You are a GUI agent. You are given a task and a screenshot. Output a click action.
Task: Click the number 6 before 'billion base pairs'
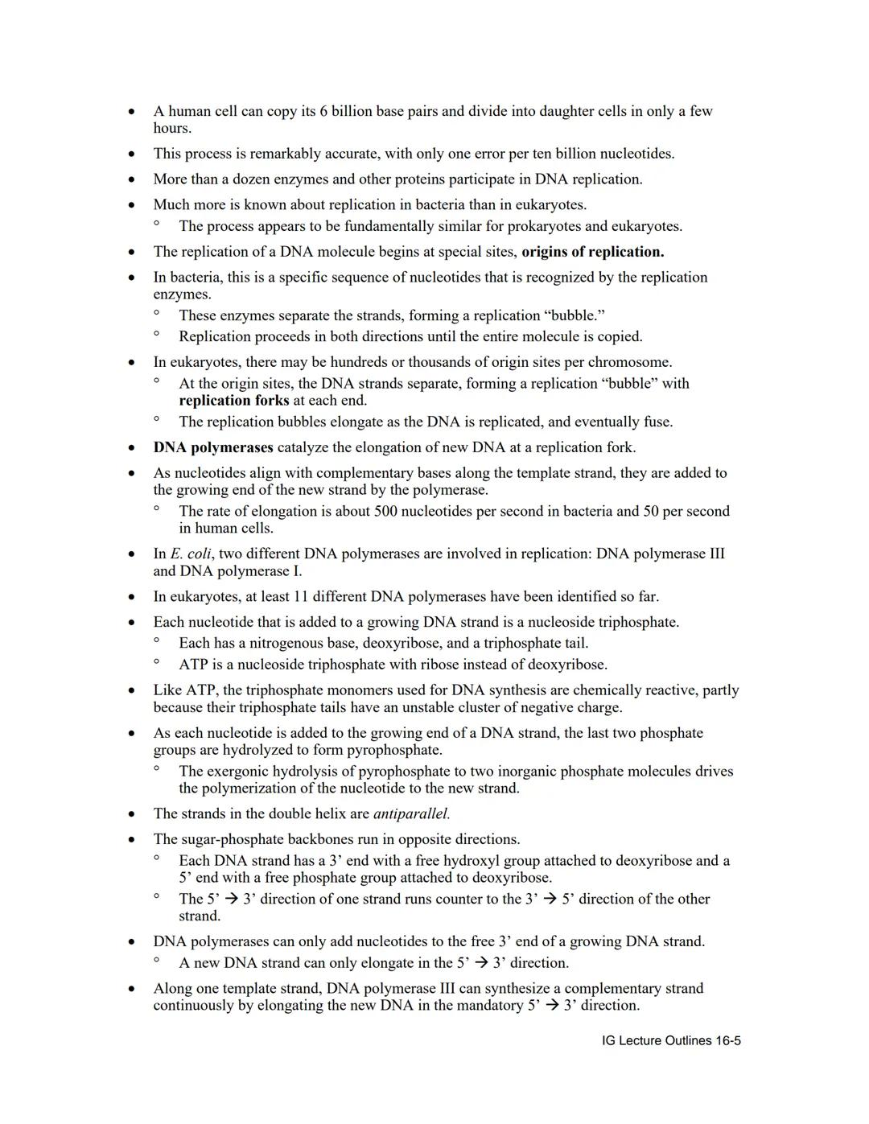(x=323, y=111)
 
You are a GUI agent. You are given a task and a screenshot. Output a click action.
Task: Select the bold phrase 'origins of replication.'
(x=592, y=252)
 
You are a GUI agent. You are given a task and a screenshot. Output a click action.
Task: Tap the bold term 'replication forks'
(x=233, y=401)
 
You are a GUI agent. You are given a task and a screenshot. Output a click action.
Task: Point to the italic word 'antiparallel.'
(x=411, y=813)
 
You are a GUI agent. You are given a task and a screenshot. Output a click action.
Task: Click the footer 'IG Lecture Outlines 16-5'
(x=671, y=1040)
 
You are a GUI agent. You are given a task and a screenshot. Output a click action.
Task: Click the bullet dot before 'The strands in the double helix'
(x=131, y=814)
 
